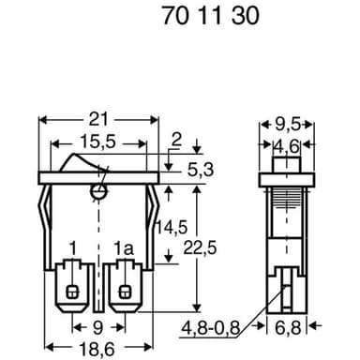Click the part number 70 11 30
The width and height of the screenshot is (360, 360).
click(x=211, y=16)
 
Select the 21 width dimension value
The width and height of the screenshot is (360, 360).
click(x=98, y=120)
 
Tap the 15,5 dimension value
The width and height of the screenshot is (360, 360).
click(x=98, y=142)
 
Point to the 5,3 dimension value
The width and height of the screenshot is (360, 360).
click(x=201, y=170)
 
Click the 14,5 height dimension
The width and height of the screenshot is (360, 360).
click(x=172, y=227)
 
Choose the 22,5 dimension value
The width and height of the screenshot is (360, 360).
click(x=200, y=248)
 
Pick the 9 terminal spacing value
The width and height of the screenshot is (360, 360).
click(x=98, y=328)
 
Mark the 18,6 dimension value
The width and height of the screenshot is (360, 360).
click(x=97, y=349)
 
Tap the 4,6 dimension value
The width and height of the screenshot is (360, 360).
click(x=286, y=147)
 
